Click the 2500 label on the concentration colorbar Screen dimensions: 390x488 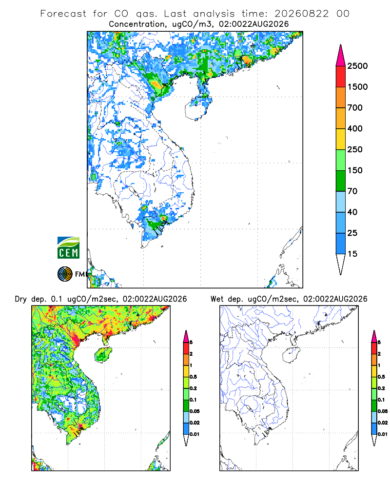click(x=357, y=66)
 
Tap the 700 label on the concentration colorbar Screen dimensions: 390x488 click(x=355, y=108)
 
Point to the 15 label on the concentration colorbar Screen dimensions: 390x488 click(x=352, y=254)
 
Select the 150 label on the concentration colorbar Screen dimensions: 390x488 click(x=355, y=170)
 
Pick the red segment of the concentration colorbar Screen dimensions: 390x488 click(x=341, y=77)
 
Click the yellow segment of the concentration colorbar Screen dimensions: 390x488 click(x=341, y=139)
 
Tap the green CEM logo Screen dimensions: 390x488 click(x=68, y=248)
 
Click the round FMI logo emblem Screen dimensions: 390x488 click(x=65, y=274)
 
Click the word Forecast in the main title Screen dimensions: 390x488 click(x=63, y=14)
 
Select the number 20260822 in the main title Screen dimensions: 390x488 click(x=301, y=14)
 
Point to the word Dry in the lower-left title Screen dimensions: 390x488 click(x=21, y=300)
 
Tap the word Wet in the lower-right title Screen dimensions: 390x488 click(x=217, y=299)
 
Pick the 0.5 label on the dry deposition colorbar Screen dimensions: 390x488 click(x=193, y=377)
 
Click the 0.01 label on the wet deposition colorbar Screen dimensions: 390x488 click(x=383, y=434)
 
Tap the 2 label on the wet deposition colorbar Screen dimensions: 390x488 click(x=379, y=354)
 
